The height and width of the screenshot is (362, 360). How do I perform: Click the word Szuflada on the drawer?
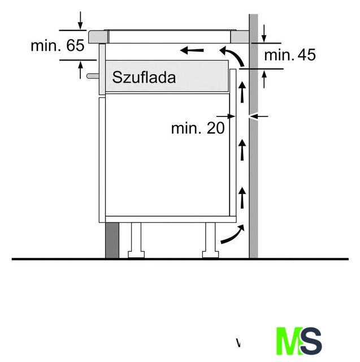(x=144, y=77)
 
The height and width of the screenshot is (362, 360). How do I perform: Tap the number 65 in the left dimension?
(x=75, y=45)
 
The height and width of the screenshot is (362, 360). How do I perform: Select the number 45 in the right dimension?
(x=306, y=55)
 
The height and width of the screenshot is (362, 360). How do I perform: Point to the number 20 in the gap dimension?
(x=215, y=128)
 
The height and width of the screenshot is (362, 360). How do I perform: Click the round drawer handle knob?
(x=93, y=76)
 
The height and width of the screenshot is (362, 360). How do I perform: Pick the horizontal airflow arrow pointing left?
(x=192, y=50)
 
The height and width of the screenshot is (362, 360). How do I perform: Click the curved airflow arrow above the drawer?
(x=232, y=55)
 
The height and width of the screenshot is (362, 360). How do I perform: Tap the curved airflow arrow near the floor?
(x=232, y=235)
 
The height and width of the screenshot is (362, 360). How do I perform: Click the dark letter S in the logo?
(x=311, y=341)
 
